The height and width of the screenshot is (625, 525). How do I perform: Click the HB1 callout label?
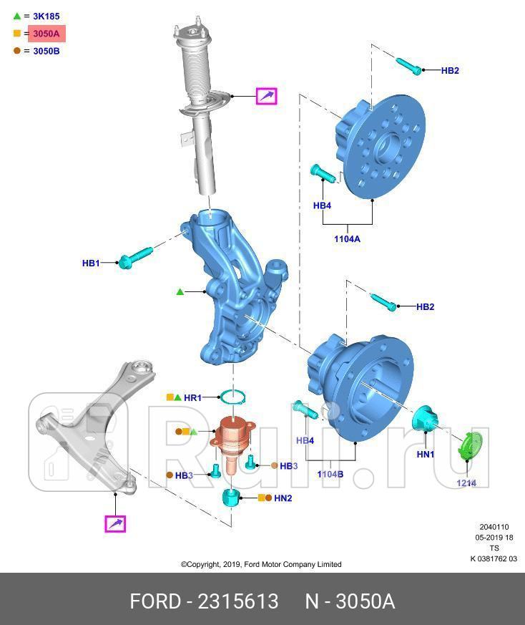tap(91, 263)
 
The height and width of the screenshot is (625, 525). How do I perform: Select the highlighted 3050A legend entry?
tap(46, 34)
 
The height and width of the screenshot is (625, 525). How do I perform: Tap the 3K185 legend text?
tap(46, 16)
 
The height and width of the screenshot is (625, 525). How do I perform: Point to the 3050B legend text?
tap(46, 51)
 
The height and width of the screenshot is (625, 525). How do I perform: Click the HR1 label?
tap(193, 397)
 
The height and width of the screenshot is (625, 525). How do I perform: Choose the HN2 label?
tap(283, 498)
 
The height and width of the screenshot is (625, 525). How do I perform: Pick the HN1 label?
tap(425, 454)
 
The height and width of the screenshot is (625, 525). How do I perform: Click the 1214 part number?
tap(466, 483)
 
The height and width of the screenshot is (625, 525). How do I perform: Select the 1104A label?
tap(347, 239)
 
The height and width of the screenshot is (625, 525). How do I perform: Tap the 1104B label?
tap(330, 474)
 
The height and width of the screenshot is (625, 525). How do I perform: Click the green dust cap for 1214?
tap(471, 445)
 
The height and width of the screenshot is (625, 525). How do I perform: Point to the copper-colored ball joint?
tap(232, 437)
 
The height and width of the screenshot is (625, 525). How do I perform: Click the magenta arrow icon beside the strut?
tap(267, 95)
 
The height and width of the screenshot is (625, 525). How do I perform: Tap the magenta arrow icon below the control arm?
tap(115, 525)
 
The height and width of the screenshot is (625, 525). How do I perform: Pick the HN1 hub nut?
tap(426, 419)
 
